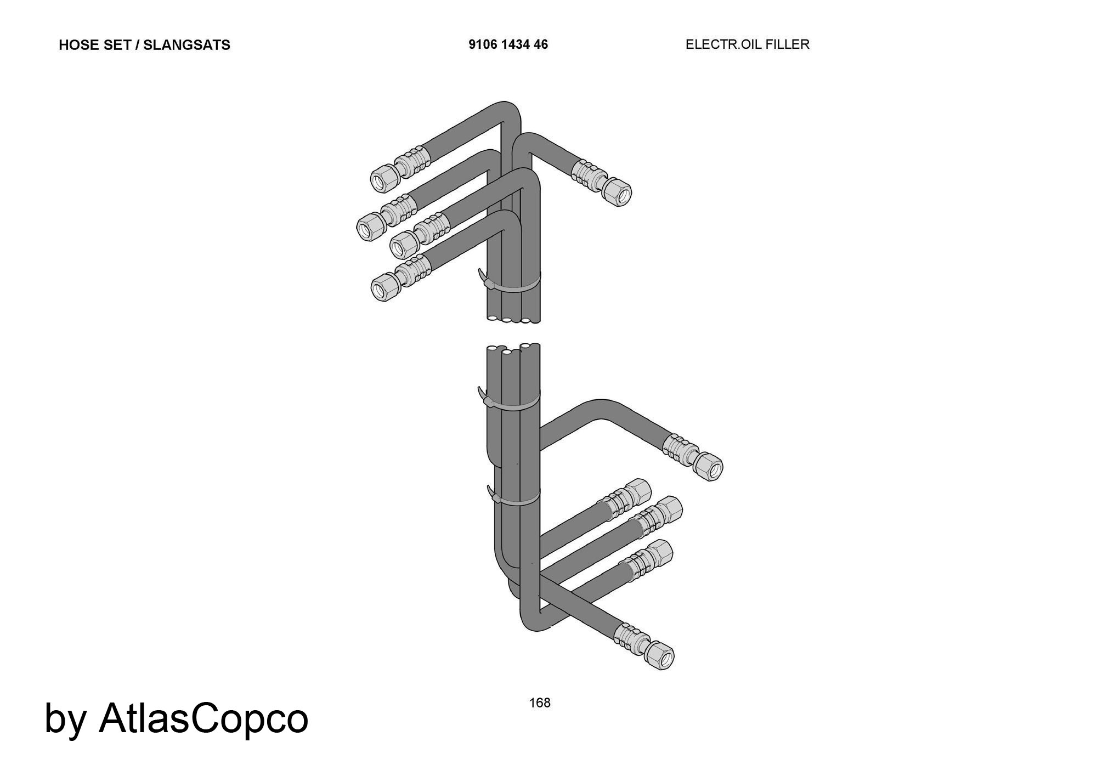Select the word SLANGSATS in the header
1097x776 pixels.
pyautogui.click(x=186, y=45)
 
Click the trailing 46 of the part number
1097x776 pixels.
pyautogui.click(x=540, y=44)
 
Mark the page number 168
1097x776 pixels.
pyautogui.click(x=540, y=703)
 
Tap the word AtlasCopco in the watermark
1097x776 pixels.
pyautogui.click(x=203, y=717)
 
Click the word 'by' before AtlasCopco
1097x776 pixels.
pyautogui.click(x=65, y=721)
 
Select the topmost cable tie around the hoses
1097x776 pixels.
pyautogui.click(x=508, y=283)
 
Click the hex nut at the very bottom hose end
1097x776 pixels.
pyautogui.click(x=659, y=655)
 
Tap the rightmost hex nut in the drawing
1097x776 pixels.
pyautogui.click(x=708, y=466)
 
